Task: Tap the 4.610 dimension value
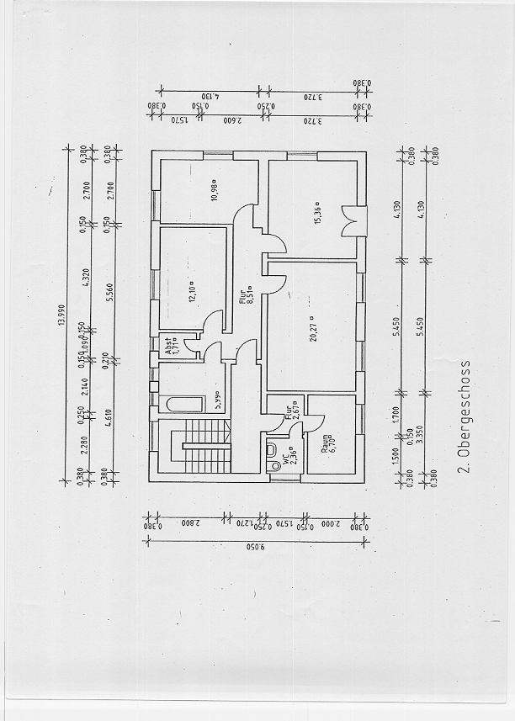pyautogui.click(x=107, y=414)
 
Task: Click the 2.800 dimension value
pyautogui.click(x=184, y=522)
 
